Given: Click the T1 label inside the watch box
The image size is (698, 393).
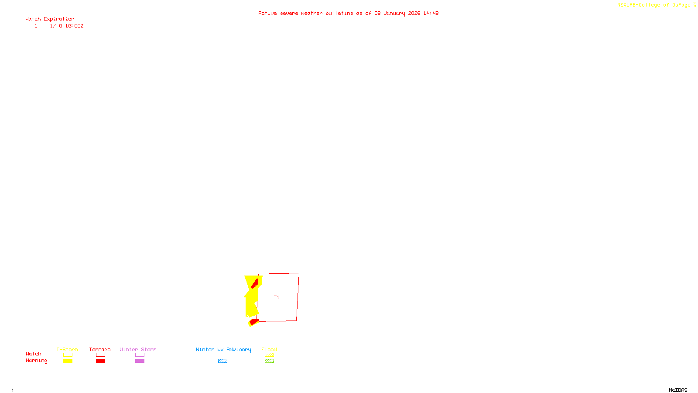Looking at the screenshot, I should click(x=276, y=298).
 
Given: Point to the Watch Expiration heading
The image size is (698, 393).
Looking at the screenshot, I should click(x=50, y=19).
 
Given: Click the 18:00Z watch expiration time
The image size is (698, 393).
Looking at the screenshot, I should click(x=74, y=26).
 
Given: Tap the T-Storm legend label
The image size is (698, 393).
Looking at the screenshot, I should click(x=67, y=349).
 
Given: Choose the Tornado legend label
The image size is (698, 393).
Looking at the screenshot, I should click(x=100, y=349).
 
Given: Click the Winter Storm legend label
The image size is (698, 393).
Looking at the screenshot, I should click(x=138, y=349).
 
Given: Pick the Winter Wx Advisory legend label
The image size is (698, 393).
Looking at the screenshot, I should click(x=223, y=349).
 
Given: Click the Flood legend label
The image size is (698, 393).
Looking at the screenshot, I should click(x=269, y=349).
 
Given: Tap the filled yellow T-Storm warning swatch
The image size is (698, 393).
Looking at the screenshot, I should click(x=68, y=361).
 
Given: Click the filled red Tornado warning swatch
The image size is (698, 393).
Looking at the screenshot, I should click(x=100, y=361).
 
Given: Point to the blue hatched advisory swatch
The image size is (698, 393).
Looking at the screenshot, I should click(x=222, y=361).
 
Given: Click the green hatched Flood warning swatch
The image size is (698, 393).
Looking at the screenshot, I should click(x=269, y=361).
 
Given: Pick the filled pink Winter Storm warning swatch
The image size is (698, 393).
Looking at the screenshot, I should click(x=140, y=361).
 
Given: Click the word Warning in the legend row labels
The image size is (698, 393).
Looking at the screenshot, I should click(x=36, y=361).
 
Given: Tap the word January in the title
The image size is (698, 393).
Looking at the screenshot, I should click(x=394, y=14).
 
